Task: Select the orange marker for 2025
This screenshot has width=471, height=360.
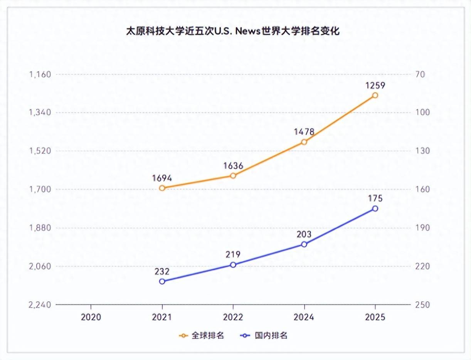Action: click(375, 95)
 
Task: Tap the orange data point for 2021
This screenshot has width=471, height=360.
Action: click(162, 188)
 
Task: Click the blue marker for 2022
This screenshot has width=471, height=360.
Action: click(233, 265)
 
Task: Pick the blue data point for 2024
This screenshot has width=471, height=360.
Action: click(304, 244)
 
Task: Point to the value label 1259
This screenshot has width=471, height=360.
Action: click(375, 86)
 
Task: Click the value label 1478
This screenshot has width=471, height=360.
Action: click(304, 132)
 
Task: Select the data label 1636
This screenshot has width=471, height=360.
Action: click(233, 166)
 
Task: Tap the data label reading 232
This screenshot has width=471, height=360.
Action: click(162, 271)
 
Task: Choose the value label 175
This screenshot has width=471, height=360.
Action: click(375, 199)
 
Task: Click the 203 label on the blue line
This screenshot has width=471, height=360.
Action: click(304, 234)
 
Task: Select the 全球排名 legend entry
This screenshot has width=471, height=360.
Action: click(202, 336)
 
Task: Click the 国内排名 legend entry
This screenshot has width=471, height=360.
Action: click(265, 336)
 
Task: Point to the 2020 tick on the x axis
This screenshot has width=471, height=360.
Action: click(91, 317)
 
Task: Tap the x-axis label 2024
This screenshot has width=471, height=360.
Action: click(304, 317)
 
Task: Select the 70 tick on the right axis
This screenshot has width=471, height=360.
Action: click(420, 74)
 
